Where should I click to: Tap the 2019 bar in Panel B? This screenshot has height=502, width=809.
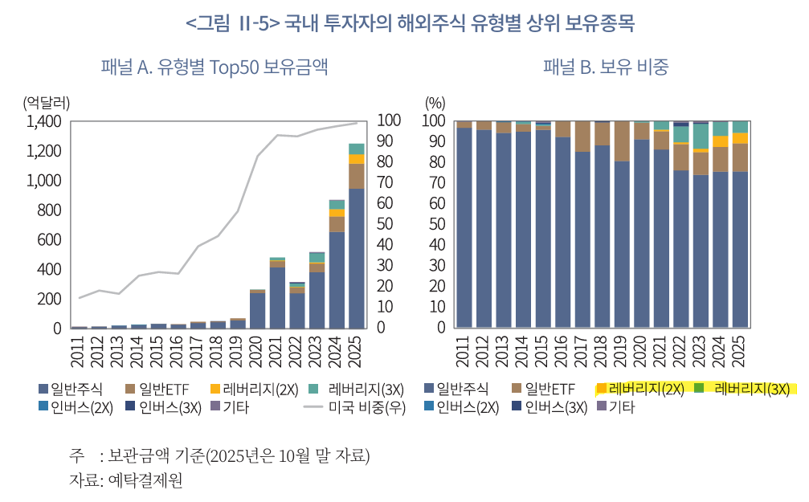point(622,241)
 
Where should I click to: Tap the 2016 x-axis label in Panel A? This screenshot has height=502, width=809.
point(179,350)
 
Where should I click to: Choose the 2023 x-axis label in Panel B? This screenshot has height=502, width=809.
point(701,350)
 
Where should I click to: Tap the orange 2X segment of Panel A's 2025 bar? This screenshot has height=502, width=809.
point(356,159)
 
